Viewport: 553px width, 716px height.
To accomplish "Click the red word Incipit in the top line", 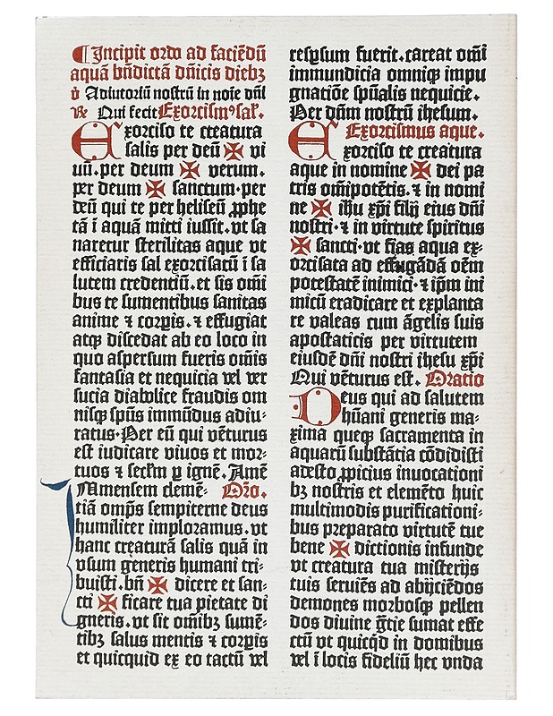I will coord(115,50).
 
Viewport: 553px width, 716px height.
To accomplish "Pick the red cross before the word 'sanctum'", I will coord(156,189).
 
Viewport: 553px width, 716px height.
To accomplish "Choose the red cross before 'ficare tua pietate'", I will coord(107,604).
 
